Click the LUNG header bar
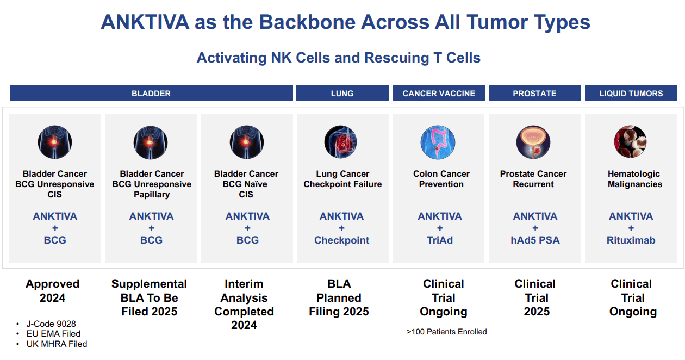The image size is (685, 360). point(342,93)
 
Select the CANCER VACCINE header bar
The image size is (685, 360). point(439,93)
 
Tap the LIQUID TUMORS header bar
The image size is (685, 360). point(631,93)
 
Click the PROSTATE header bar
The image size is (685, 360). point(534,93)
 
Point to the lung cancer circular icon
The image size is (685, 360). point(341,142)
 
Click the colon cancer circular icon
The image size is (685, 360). point(438,142)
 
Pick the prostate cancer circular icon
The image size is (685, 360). point(533,142)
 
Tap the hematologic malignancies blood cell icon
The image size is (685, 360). point(630,142)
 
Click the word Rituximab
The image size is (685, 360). point(631,240)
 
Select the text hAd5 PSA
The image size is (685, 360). point(535,240)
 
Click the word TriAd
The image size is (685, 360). point(439,240)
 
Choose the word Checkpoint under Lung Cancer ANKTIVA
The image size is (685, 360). point(341,240)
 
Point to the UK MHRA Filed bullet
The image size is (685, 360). point(56,344)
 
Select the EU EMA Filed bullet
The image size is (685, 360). point(53,334)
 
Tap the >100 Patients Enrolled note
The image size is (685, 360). point(446,332)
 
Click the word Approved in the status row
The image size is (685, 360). point(53,284)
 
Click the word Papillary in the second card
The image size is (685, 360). point(152,195)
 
